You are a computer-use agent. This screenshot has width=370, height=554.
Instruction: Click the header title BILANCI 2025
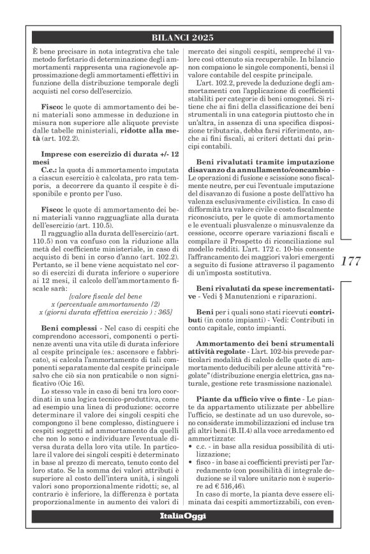185,38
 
